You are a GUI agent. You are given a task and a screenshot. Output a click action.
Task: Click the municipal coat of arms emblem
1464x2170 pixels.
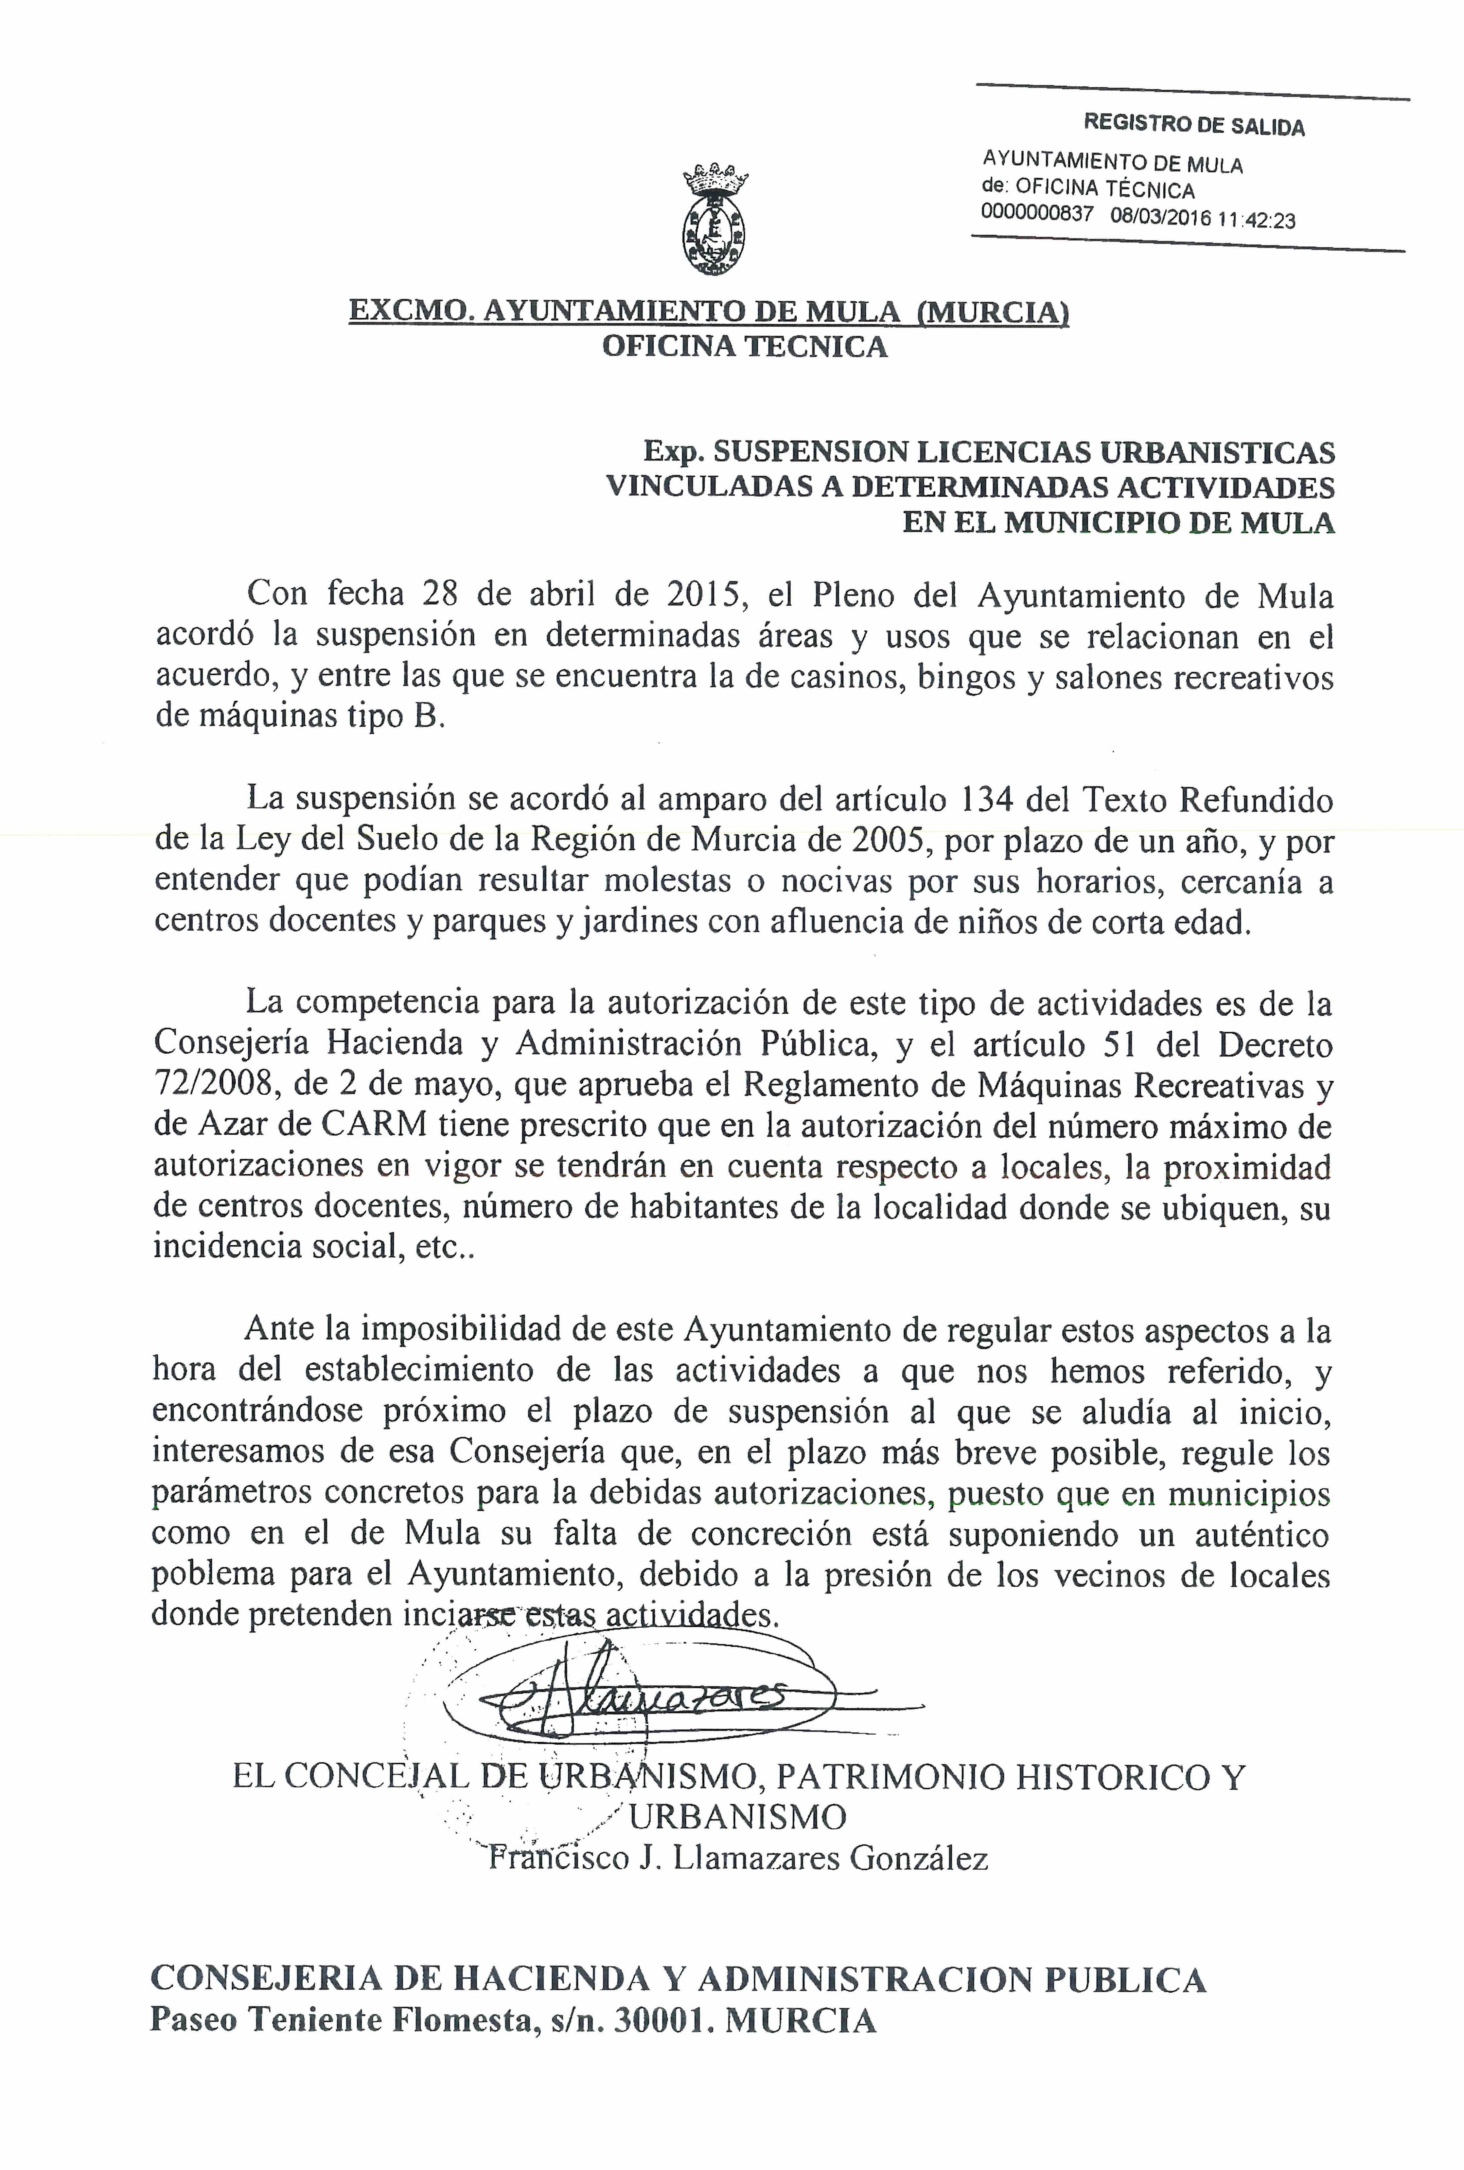coord(714,220)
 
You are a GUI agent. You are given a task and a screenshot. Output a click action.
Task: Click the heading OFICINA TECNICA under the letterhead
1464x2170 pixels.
coord(744,347)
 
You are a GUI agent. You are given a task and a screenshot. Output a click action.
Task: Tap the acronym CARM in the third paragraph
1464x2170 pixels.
coord(374,1126)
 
